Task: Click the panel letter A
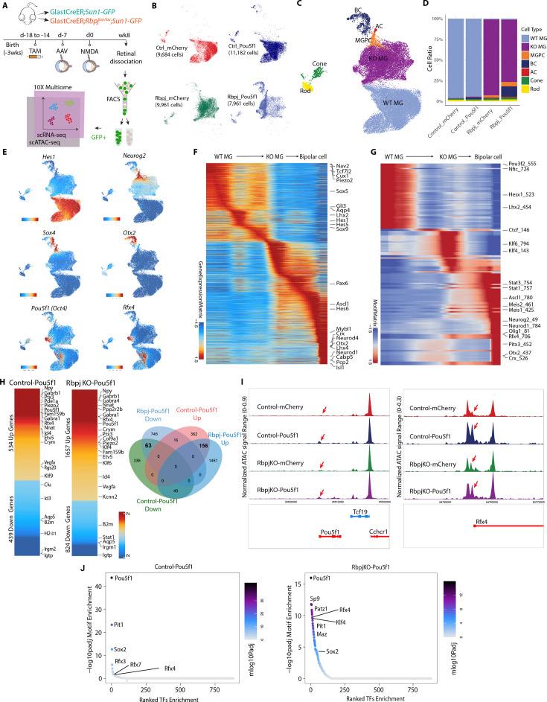[x=5, y=6]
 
